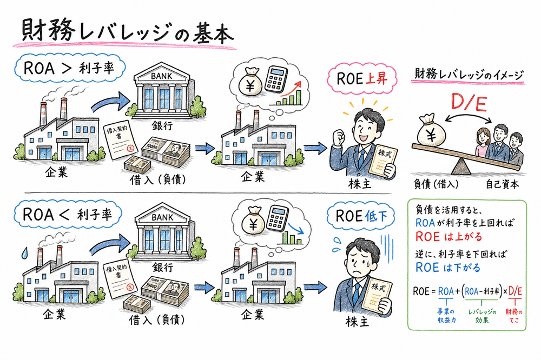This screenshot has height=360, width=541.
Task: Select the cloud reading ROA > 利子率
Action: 71,69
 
